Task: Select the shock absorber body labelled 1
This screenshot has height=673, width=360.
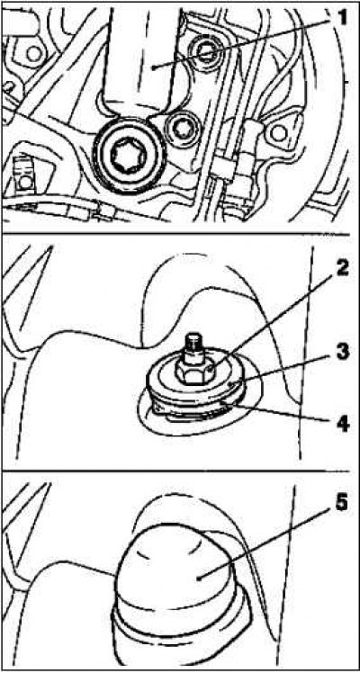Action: click(x=141, y=60)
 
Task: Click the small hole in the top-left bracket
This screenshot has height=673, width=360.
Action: click(x=32, y=54)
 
